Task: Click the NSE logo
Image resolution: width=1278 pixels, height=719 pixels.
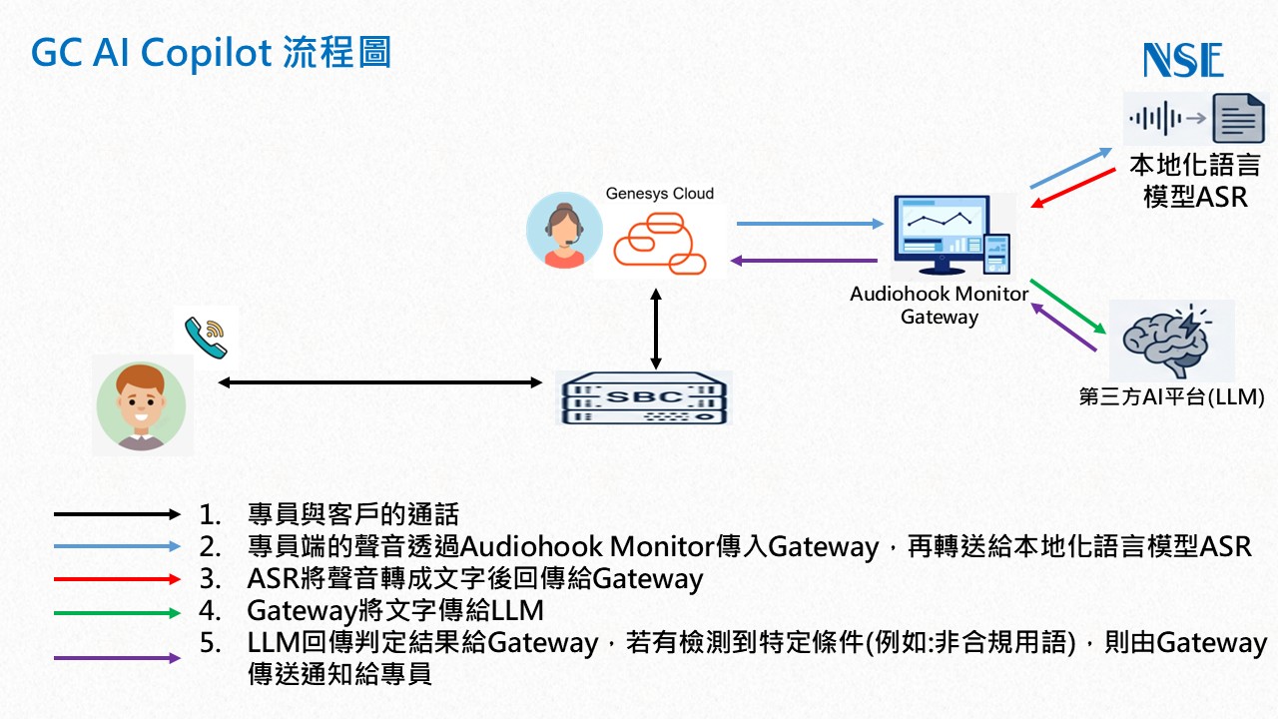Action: (1183, 59)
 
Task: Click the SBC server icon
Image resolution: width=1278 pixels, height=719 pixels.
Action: (644, 398)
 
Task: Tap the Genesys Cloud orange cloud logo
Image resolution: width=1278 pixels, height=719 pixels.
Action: (660, 243)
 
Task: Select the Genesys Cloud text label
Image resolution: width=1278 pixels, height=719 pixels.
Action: (660, 194)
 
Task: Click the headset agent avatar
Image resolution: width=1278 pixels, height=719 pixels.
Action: (564, 230)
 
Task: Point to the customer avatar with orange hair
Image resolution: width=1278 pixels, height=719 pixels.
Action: (141, 405)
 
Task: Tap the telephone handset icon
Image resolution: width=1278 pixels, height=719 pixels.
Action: (206, 338)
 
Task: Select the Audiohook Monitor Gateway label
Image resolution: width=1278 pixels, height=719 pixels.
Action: (940, 306)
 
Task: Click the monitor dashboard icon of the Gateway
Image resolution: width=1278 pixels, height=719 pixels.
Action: (952, 235)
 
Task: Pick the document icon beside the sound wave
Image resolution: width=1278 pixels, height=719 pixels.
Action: (1239, 119)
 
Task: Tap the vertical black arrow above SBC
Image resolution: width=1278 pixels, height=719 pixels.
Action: (656, 329)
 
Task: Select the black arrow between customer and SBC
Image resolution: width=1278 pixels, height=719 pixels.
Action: (380, 382)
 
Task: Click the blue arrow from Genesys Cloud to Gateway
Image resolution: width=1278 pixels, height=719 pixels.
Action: (810, 224)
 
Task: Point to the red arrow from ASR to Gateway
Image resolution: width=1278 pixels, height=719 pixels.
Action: (1073, 188)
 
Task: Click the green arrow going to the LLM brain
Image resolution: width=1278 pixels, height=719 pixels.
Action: (1068, 306)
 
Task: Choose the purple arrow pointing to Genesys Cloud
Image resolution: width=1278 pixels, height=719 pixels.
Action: (804, 261)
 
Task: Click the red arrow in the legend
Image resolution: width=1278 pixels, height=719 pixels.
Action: (117, 579)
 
